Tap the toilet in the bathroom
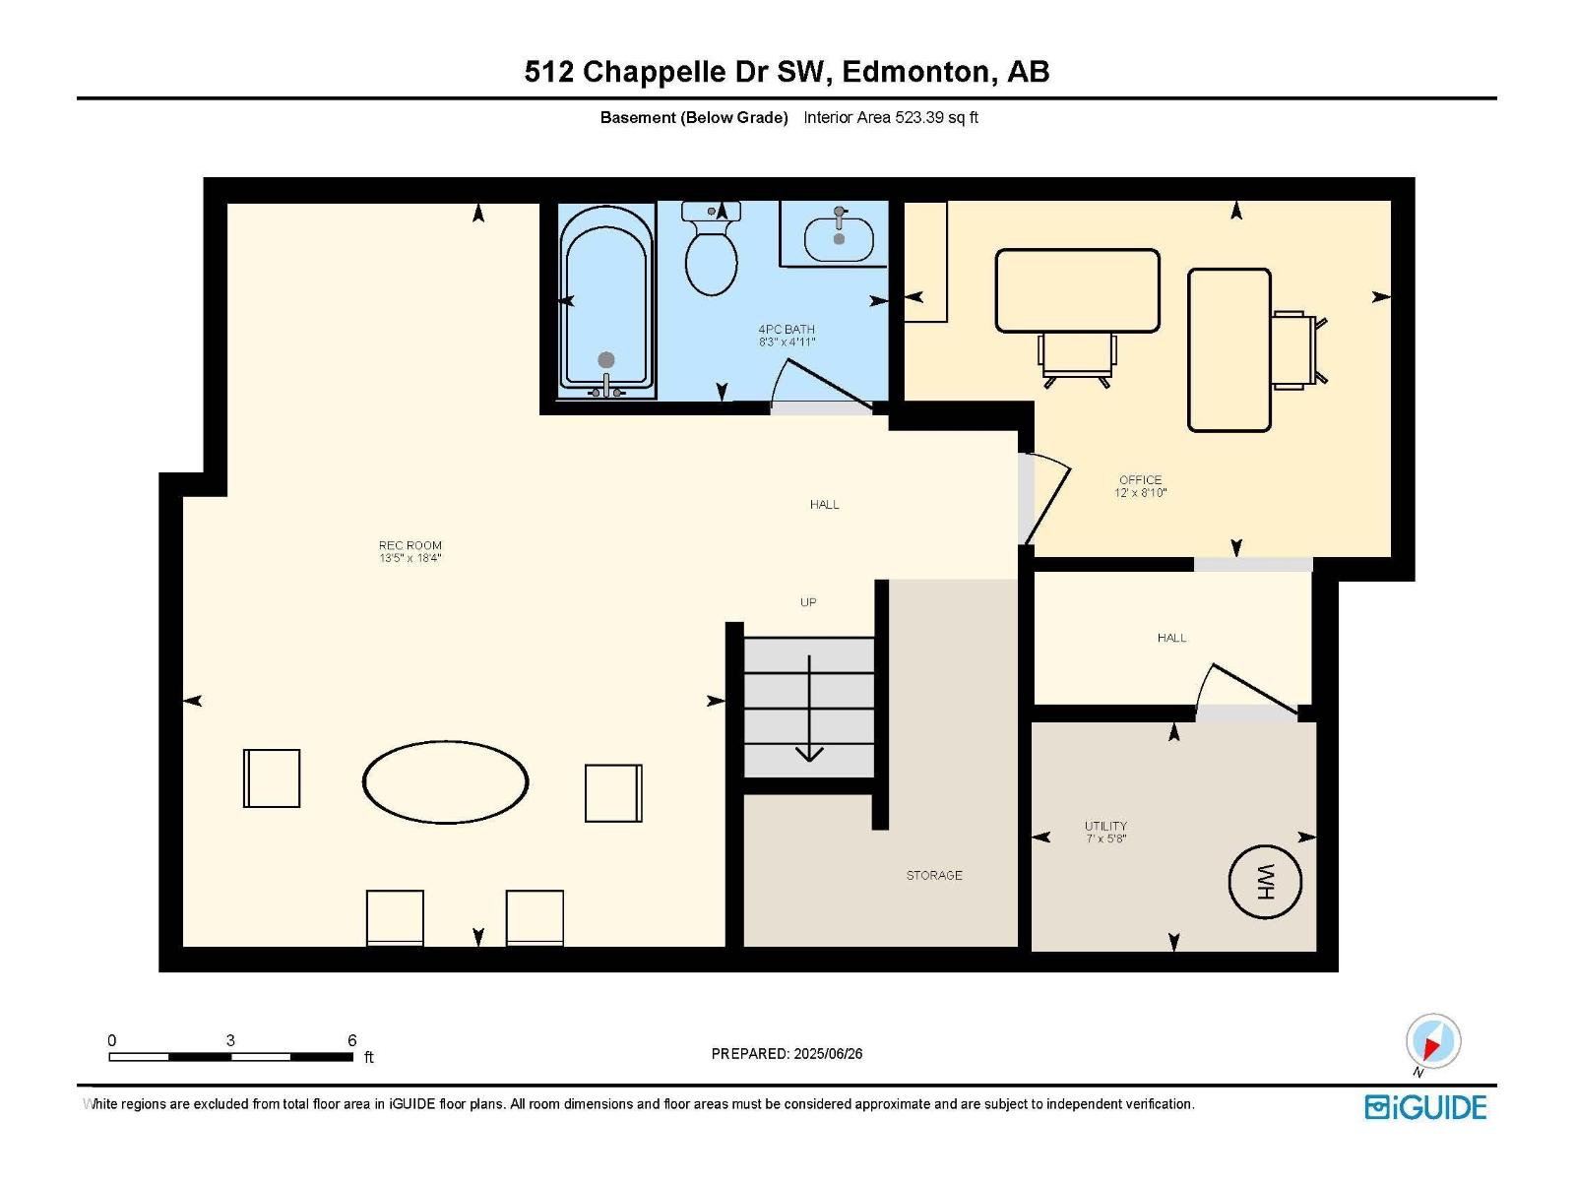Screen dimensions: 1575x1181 711,248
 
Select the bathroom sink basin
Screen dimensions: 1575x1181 838,239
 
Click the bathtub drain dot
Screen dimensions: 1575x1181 606,359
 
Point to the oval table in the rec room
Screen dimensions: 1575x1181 445,781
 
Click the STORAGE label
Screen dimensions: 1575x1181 933,875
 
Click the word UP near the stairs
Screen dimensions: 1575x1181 808,602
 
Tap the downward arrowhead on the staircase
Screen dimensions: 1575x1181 809,754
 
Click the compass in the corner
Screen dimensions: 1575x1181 1433,1040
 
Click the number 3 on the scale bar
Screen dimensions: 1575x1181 230,1039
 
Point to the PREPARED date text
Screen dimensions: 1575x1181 787,1053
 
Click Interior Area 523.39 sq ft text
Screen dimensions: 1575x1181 891,117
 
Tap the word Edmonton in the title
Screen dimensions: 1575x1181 915,73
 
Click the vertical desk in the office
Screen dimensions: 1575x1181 1229,350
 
